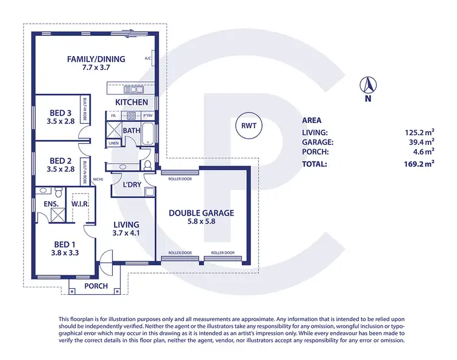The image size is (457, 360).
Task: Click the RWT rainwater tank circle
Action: click(247, 126)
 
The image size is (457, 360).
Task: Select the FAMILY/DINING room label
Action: click(96, 59)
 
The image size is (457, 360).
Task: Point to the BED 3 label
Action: click(60, 112)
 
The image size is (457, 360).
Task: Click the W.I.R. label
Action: click(81, 203)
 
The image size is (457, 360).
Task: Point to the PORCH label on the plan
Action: click(96, 286)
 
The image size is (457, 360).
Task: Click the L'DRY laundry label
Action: click(132, 185)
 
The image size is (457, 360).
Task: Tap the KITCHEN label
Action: click(132, 102)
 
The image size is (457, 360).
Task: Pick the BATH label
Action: click(132, 130)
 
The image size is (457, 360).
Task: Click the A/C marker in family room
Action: click(147, 59)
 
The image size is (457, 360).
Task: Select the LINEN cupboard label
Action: click(114, 143)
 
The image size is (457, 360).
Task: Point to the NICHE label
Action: click(97, 179)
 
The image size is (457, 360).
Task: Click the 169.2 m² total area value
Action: click(421, 163)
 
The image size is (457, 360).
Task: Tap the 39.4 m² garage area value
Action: click(422, 142)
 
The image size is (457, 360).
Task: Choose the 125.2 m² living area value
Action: click(421, 132)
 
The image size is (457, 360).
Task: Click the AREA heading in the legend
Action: click(311, 121)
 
